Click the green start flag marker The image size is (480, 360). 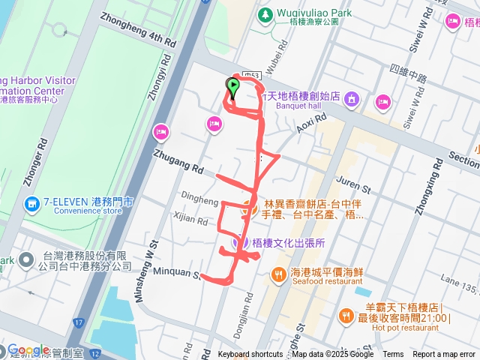point(232,88)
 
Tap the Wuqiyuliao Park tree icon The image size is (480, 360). point(265,14)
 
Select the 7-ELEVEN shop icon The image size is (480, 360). point(31,203)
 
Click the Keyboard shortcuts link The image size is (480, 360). point(250,355)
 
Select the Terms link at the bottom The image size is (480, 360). point(393,355)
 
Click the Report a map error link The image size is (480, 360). point(444,355)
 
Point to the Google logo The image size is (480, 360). point(28,350)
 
